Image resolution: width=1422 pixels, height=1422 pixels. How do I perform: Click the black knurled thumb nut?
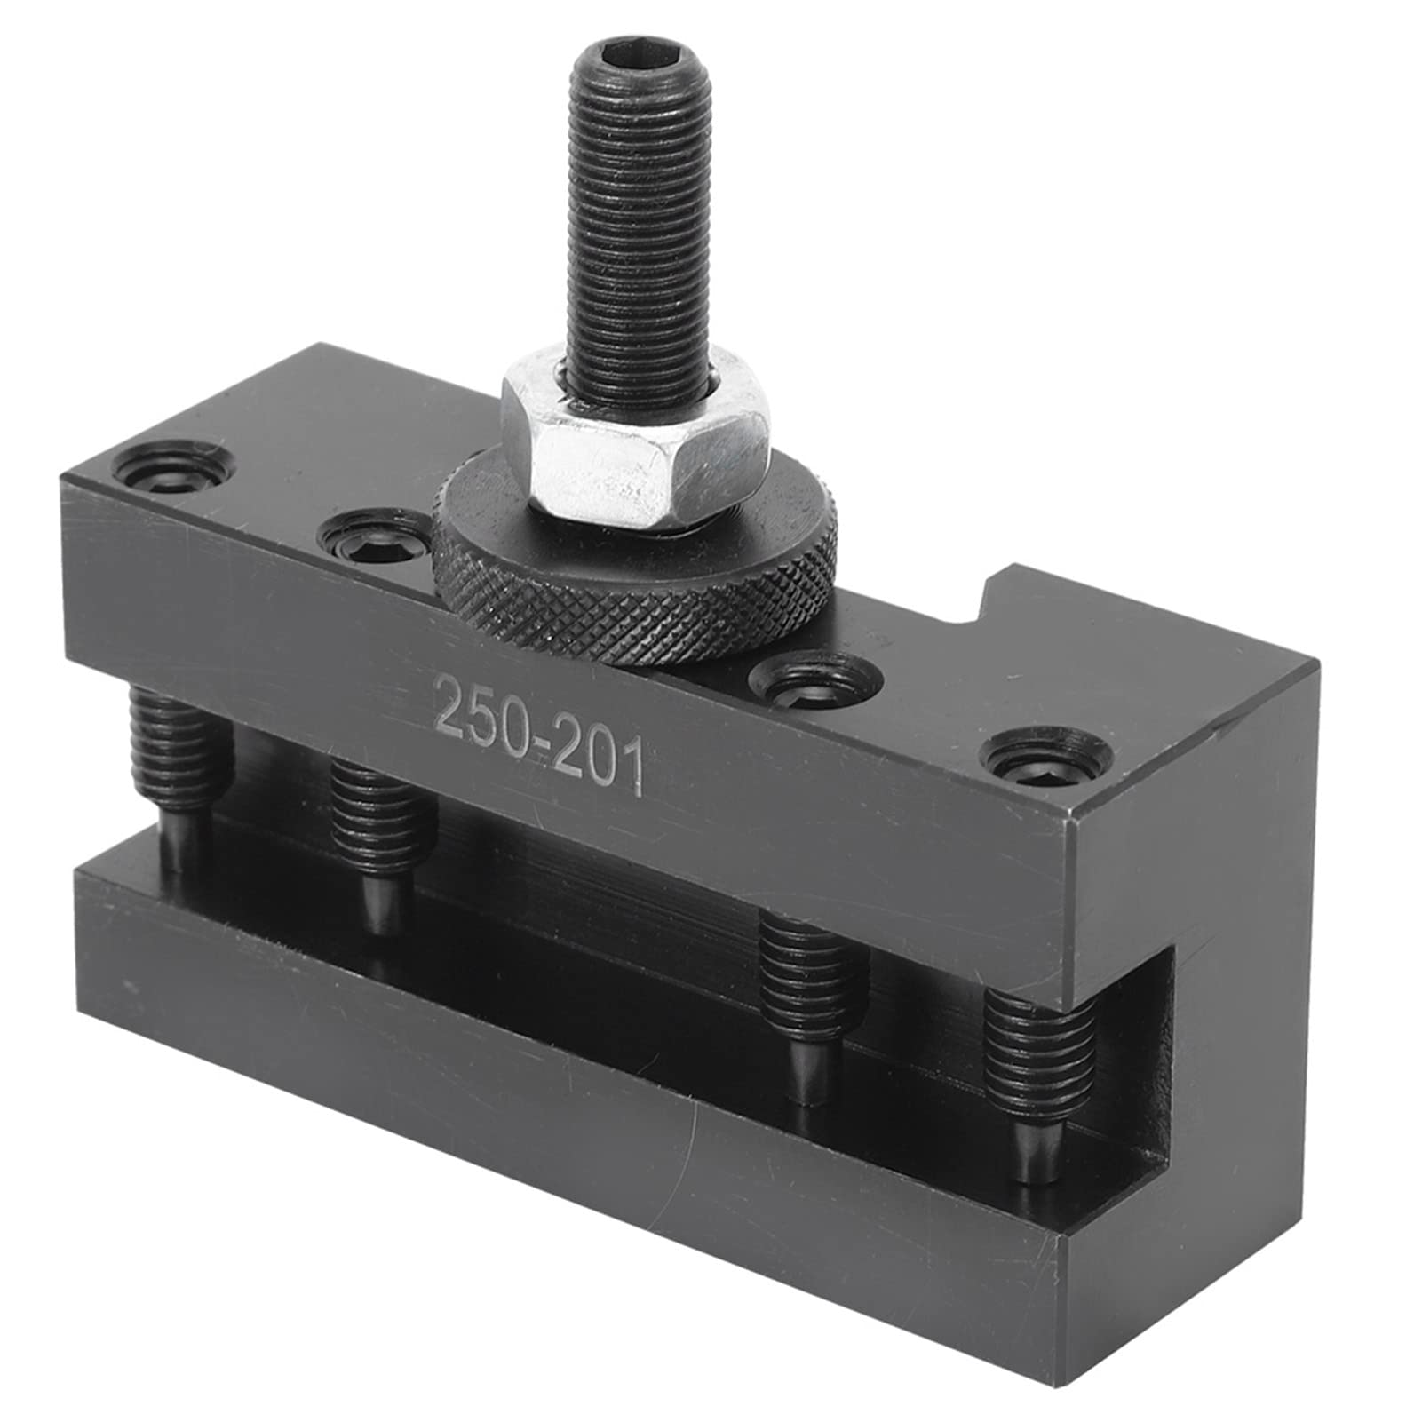click(x=635, y=577)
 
